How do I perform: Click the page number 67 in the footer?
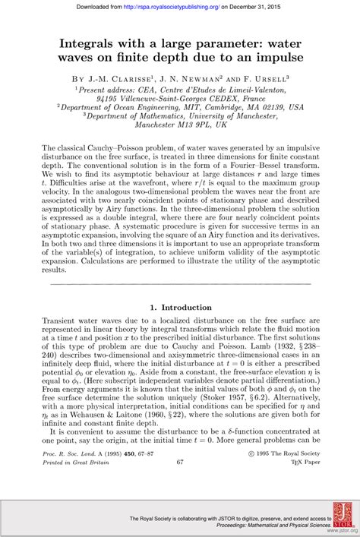click(179, 461)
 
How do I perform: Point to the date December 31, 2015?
click(270, 6)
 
